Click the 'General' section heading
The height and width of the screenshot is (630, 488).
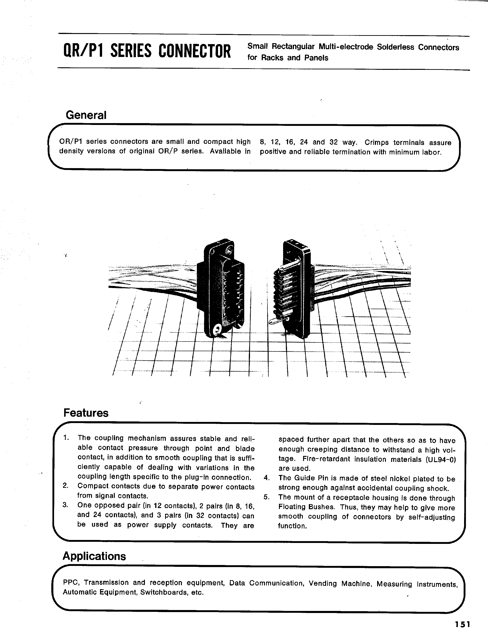coord(86,115)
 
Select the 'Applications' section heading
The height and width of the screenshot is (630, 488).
coord(94,556)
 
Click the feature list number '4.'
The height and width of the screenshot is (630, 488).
coord(267,478)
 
